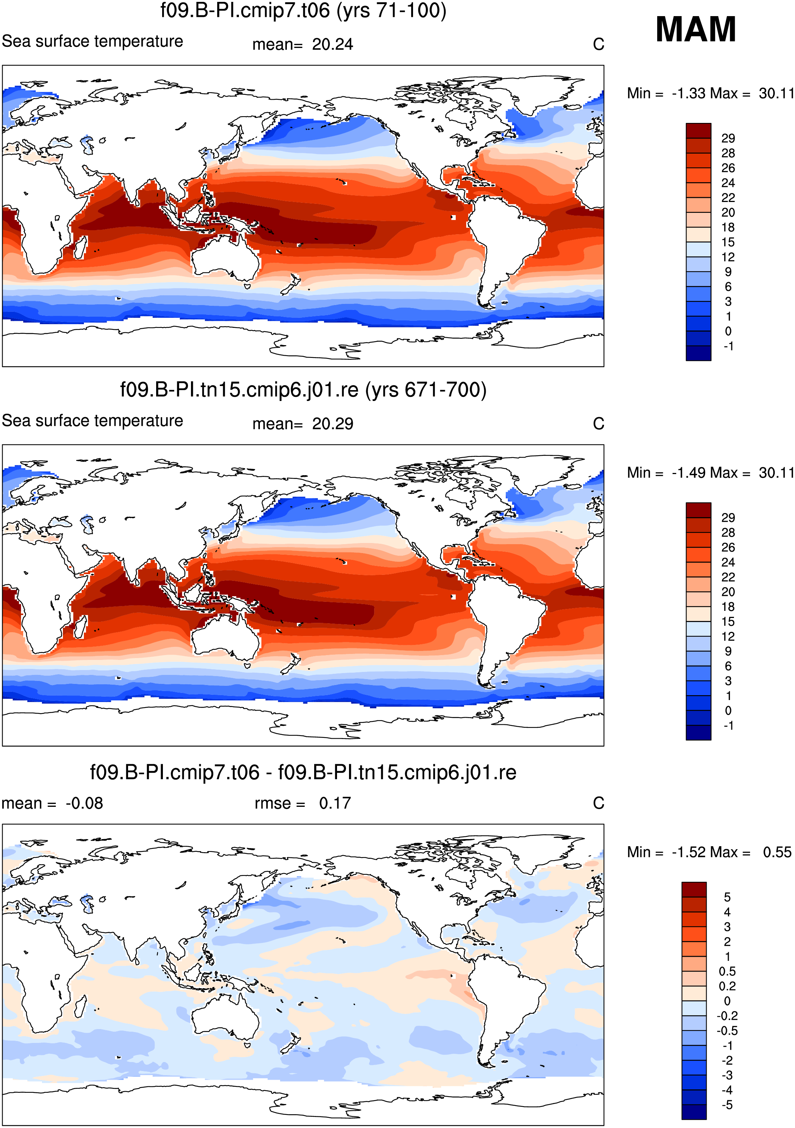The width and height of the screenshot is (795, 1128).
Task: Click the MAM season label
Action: (695, 30)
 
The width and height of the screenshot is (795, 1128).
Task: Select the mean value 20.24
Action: (333, 45)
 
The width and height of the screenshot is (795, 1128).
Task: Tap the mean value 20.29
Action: (333, 424)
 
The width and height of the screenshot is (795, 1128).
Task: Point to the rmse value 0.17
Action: (335, 803)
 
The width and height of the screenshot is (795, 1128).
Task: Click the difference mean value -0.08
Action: (84, 803)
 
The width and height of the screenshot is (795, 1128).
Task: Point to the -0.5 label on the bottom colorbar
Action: (727, 1030)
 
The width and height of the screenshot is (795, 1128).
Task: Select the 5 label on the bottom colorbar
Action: (727, 897)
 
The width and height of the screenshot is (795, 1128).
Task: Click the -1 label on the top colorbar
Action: (728, 346)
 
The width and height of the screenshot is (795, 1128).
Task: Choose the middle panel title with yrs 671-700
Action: (303, 390)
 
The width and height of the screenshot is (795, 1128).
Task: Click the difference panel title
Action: (303, 772)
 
